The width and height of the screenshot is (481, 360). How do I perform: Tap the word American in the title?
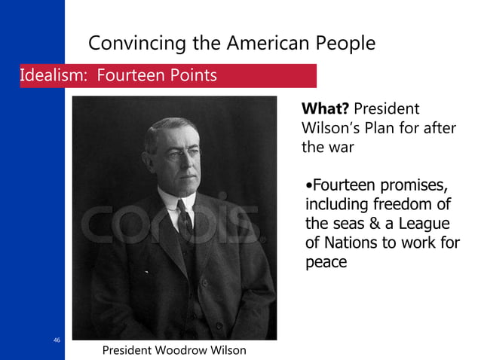click(262, 43)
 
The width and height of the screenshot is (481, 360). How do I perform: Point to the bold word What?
click(325, 109)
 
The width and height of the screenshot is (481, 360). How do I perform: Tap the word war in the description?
click(339, 147)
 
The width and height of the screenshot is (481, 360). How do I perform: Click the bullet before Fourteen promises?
click(308, 185)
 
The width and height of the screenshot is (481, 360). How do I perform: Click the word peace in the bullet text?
click(326, 263)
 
